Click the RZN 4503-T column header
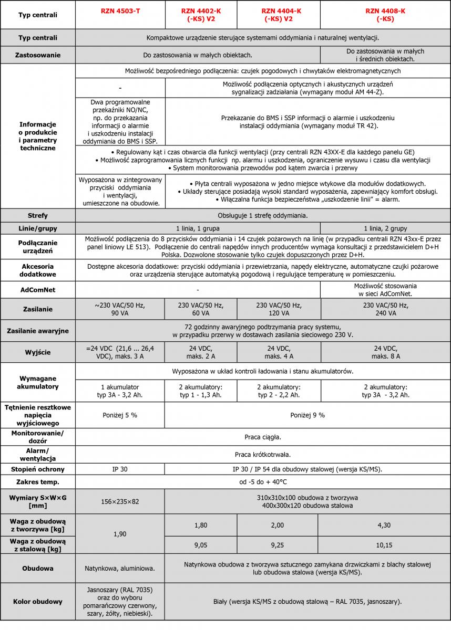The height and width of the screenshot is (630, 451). (x=120, y=11)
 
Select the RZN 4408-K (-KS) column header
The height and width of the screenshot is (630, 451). (x=385, y=15)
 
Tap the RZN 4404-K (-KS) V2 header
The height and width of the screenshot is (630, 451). (x=279, y=15)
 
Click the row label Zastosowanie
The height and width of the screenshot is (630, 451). (x=38, y=55)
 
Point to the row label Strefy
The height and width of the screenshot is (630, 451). (x=38, y=215)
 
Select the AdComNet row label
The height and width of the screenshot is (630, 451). (x=38, y=290)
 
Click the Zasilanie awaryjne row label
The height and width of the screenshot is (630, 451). (x=38, y=331)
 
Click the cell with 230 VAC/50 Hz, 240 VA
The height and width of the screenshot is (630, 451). (x=385, y=309)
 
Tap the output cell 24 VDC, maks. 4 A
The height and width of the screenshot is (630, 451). (x=279, y=352)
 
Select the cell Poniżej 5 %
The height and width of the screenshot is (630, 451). (x=120, y=415)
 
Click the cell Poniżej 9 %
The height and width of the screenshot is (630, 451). (x=307, y=415)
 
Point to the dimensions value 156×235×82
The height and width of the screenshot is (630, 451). (x=120, y=501)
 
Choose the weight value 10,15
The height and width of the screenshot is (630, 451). (x=385, y=545)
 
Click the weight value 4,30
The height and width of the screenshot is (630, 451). (x=385, y=525)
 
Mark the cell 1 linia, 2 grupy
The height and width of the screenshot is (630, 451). (x=385, y=228)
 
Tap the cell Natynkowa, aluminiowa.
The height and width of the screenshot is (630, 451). (x=120, y=568)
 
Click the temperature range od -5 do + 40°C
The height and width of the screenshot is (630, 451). (x=263, y=481)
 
